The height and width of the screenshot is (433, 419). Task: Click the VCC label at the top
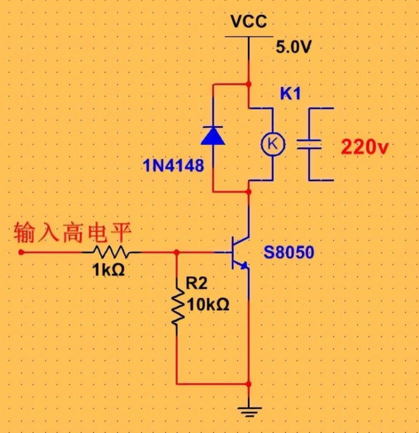coord(249,22)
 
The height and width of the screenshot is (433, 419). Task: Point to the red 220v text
coord(365,147)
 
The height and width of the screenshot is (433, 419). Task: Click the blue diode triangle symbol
coord(213,134)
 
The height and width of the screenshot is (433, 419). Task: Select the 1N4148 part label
coord(173,166)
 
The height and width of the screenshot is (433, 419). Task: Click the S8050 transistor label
coord(289,253)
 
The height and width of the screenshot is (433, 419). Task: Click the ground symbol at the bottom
coord(249,408)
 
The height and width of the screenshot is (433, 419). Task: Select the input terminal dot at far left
coord(21,252)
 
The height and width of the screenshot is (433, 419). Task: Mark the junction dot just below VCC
coord(249,83)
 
